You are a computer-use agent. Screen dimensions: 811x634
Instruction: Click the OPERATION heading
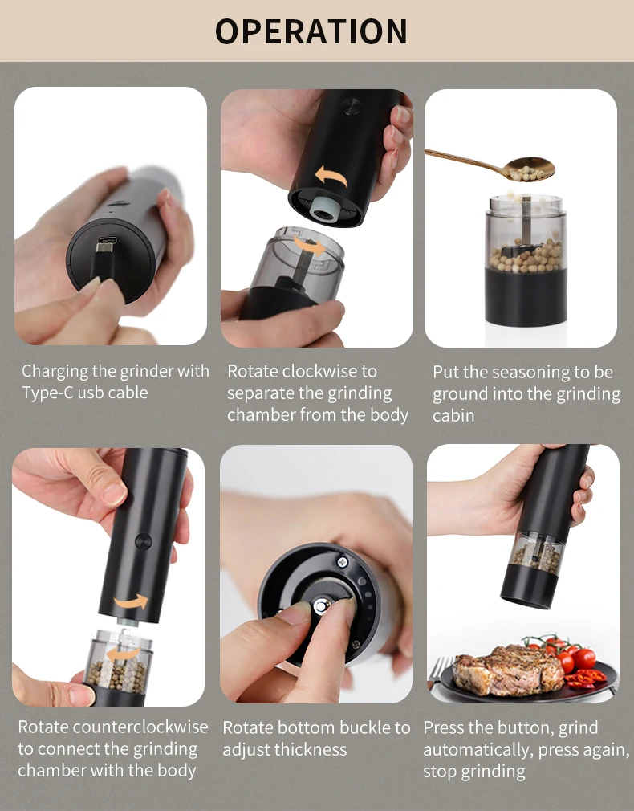click(311, 31)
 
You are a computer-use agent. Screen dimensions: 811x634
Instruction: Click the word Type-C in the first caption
click(51, 393)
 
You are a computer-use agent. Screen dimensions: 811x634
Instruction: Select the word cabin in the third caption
click(453, 415)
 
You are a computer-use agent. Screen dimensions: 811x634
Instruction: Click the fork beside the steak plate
click(438, 671)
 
